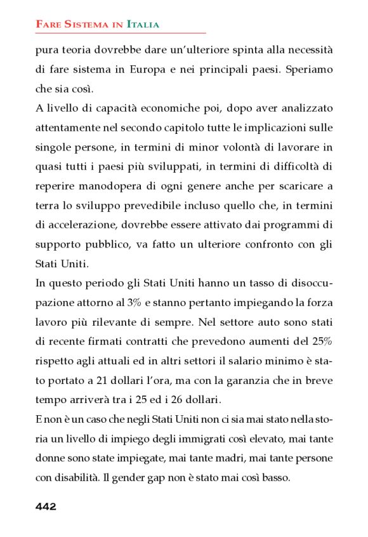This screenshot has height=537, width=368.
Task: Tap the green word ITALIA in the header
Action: coord(143,24)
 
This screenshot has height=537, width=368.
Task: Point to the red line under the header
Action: coord(121,32)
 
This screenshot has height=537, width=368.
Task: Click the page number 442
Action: coord(46,506)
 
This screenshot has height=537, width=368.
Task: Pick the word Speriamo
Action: coord(309,69)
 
